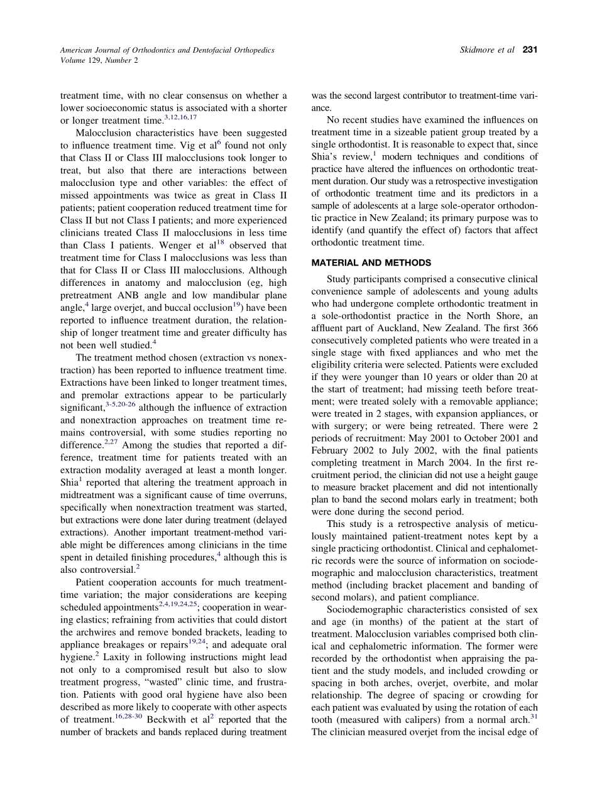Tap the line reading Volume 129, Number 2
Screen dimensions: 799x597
[99, 61]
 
